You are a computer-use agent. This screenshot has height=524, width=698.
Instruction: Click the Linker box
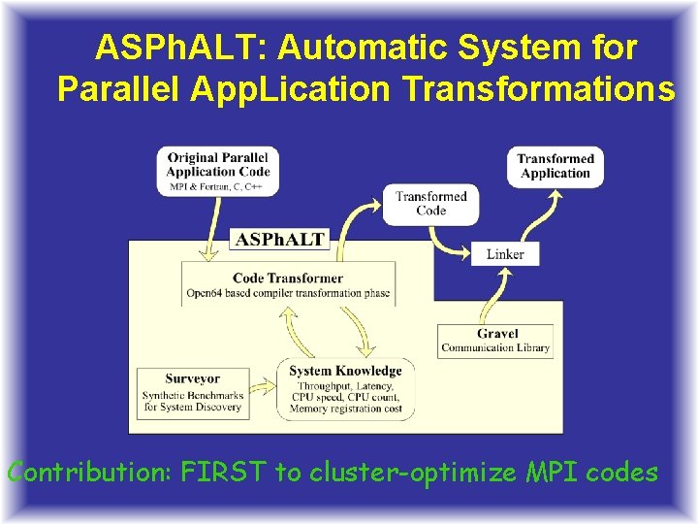coord(505,254)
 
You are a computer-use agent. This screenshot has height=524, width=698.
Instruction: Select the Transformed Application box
coord(555,166)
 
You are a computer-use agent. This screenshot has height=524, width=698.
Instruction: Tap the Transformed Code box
coord(430,203)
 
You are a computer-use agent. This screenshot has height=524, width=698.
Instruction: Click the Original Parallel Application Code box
coord(218,170)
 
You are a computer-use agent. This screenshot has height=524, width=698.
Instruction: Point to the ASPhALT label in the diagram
coord(280,239)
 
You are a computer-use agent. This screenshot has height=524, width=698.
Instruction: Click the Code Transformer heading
coord(288,278)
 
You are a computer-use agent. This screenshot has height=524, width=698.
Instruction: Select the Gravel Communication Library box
coord(495,341)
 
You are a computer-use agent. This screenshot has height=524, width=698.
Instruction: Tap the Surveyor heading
coord(192,378)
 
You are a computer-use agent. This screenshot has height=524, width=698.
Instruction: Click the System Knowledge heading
coord(345,370)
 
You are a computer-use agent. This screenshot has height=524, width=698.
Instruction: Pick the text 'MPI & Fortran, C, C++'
coord(218,186)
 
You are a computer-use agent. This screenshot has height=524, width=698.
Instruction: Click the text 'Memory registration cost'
coord(346,410)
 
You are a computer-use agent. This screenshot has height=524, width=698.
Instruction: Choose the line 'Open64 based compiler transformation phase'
coord(288,294)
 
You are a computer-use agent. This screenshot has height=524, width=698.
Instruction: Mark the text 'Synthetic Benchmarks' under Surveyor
coord(192,395)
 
